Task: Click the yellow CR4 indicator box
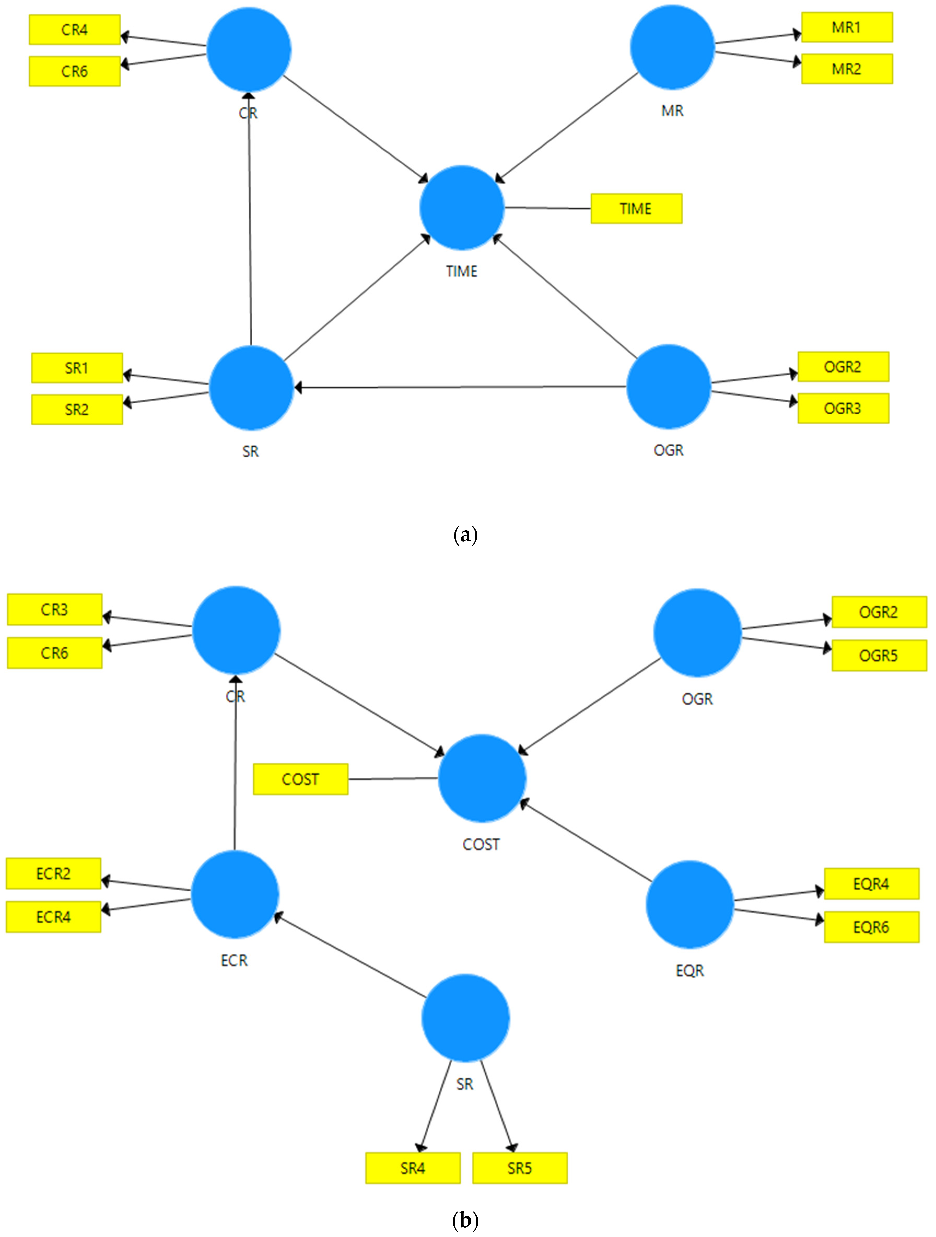pos(74,30)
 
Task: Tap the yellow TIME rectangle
pos(636,208)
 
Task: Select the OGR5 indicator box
pos(878,655)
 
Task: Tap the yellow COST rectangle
pos(300,779)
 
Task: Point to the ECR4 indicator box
pos(53,917)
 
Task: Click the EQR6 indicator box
pos(871,927)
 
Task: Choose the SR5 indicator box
pos(519,1168)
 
